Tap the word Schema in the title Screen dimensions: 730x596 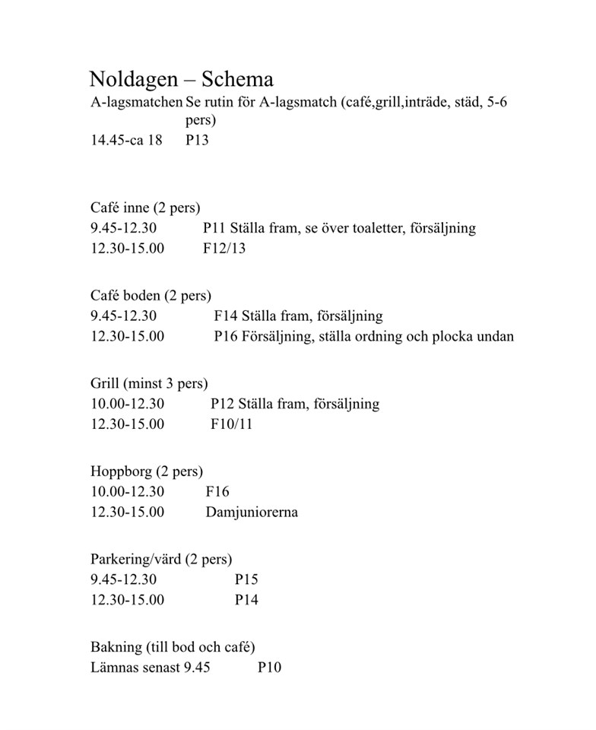234,80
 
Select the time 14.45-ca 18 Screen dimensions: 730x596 126,141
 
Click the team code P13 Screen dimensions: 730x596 197,141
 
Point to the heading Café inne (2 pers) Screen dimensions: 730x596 145,208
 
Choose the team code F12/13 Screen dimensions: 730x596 224,249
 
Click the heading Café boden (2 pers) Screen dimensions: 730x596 151,296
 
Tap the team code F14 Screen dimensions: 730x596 227,316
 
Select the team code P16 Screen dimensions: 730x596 227,336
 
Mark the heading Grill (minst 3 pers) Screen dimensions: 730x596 149,383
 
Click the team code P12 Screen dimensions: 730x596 223,404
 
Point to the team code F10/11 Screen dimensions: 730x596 231,424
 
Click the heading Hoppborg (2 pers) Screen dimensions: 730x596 147,471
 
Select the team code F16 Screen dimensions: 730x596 217,492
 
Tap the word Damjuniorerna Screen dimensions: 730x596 252,512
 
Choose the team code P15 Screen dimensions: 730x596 246,579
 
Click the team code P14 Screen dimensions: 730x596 246,600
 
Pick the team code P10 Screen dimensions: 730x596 269,668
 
